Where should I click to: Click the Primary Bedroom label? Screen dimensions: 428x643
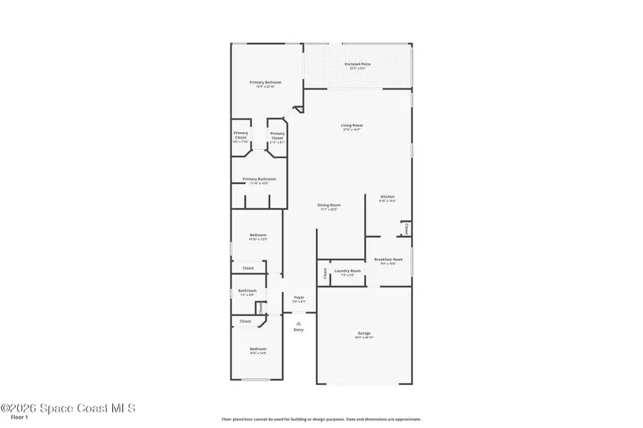[265, 83]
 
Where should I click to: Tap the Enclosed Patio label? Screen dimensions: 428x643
[357, 64]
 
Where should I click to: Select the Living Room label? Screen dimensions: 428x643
[352, 126]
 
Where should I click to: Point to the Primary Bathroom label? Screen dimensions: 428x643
[259, 179]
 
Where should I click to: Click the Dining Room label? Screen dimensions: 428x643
[329, 205]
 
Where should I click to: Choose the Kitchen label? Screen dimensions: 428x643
[387, 197]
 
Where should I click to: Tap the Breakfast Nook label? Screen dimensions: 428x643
[388, 260]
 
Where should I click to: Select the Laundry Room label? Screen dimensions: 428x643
[347, 271]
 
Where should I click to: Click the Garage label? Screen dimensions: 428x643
[364, 333]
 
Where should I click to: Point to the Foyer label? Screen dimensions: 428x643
[299, 297]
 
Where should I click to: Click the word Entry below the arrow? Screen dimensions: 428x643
[299, 330]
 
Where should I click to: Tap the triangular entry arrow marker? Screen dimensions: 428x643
[299, 322]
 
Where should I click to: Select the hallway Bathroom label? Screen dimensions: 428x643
[247, 290]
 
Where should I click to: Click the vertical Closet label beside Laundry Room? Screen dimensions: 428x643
[324, 272]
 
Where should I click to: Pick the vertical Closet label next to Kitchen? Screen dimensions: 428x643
[407, 229]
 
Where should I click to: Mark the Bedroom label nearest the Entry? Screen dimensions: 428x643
[258, 349]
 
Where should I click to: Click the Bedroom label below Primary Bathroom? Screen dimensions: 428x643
[258, 235]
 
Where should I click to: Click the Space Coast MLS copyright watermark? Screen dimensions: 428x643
[68, 409]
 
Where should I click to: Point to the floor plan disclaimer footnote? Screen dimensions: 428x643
[321, 419]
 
